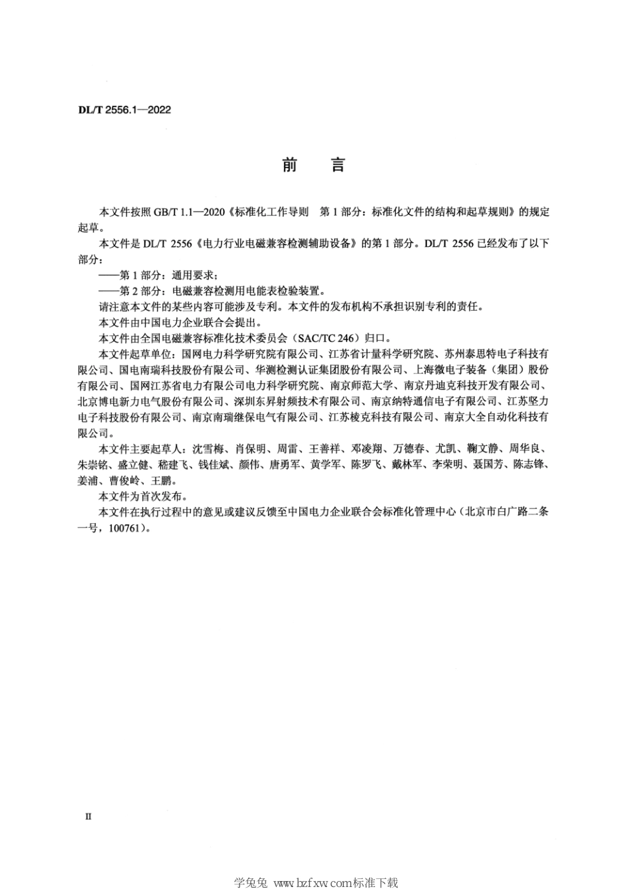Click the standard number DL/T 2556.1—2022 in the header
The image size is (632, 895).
point(124,110)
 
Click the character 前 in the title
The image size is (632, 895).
point(289,165)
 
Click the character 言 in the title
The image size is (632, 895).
point(338,165)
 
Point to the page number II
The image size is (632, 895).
point(88,816)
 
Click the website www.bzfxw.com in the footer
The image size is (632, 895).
point(312,883)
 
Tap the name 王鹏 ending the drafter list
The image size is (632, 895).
point(162,480)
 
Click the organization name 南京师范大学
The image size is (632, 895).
point(366,385)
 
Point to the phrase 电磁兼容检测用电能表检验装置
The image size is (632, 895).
point(247,290)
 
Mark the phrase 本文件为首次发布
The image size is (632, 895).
point(143,496)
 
